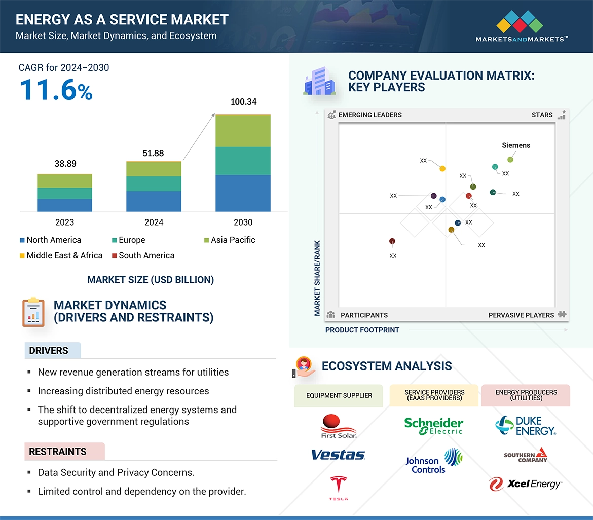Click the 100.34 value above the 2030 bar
pos(243,102)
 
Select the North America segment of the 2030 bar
pos(243,193)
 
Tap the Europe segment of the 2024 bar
pos(154,183)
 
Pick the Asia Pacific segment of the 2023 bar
pos(64,181)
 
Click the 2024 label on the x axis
pos(154,222)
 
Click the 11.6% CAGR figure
pos(56,89)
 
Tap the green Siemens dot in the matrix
pos(510,160)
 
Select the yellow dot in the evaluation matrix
pos(442,168)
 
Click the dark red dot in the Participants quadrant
pos(392,241)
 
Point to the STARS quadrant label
pos(542,115)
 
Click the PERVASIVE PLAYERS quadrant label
pos(521,315)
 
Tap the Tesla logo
pos(338,488)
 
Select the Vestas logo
pos(338,455)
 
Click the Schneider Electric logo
pos(433,426)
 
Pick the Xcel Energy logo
pos(526,484)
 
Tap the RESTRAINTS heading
pos(58,452)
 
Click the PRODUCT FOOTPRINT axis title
pos(362,330)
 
